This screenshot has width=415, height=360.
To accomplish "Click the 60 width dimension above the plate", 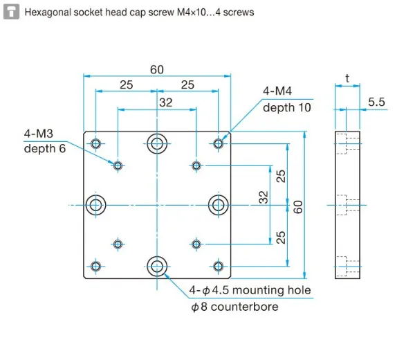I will click(x=156, y=69).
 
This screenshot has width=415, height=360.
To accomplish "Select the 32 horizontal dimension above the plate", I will click(x=166, y=102).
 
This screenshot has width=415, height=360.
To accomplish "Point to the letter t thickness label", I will click(x=347, y=78).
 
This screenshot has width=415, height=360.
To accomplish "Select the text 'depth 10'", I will click(x=286, y=107).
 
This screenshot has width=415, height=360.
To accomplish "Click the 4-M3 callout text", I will click(x=39, y=133).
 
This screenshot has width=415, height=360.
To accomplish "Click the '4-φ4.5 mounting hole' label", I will click(x=250, y=290).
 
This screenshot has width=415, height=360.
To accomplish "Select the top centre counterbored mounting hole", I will click(x=157, y=143).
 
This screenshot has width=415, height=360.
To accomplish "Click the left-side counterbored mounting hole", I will click(x=95, y=204).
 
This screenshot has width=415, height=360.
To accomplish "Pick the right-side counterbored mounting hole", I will click(x=219, y=204).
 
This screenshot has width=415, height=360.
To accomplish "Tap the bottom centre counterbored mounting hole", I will click(x=157, y=265).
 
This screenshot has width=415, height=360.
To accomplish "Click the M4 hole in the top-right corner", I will click(x=219, y=143).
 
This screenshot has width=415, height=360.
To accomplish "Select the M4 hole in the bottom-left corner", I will click(x=95, y=265).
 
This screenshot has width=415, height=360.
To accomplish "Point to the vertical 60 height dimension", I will click(x=298, y=205).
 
